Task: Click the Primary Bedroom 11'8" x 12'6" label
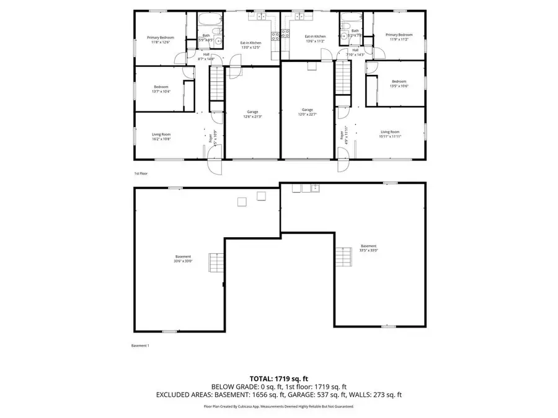(160, 40)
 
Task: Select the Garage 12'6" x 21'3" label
(252, 114)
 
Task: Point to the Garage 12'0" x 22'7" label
(308, 111)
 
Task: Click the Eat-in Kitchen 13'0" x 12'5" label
(250, 45)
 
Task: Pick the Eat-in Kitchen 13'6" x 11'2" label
(315, 39)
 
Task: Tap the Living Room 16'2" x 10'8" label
(161, 136)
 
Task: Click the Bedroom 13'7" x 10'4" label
(161, 89)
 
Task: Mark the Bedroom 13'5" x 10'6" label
(399, 84)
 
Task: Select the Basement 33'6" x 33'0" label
(183, 259)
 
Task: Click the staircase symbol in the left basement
(215, 263)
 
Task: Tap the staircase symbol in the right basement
(343, 255)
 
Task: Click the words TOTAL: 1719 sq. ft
(278, 378)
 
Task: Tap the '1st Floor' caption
(141, 174)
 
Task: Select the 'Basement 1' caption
(140, 346)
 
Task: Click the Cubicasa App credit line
(278, 406)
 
